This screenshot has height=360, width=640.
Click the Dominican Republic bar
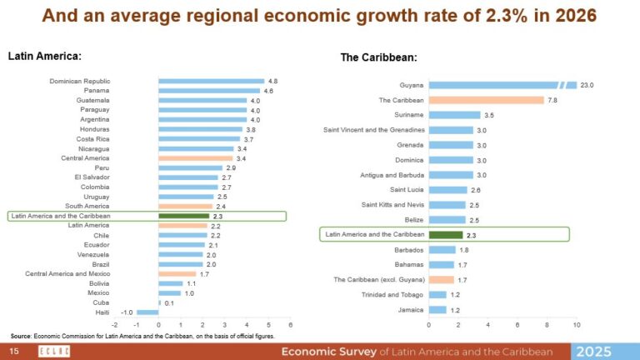click(211, 81)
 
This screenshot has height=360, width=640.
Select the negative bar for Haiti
click(147, 312)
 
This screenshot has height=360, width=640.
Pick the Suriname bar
click(454, 115)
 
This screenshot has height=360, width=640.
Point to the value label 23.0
click(587, 85)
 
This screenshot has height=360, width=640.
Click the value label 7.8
click(552, 100)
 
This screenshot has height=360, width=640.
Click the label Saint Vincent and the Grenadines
click(374, 130)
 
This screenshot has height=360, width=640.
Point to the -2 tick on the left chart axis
click(114, 325)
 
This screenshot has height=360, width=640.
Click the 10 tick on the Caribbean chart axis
click(576, 325)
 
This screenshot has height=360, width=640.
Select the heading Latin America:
click(44, 56)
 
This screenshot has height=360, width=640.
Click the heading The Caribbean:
click(379, 57)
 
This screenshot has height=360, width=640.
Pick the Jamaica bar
click(437, 310)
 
